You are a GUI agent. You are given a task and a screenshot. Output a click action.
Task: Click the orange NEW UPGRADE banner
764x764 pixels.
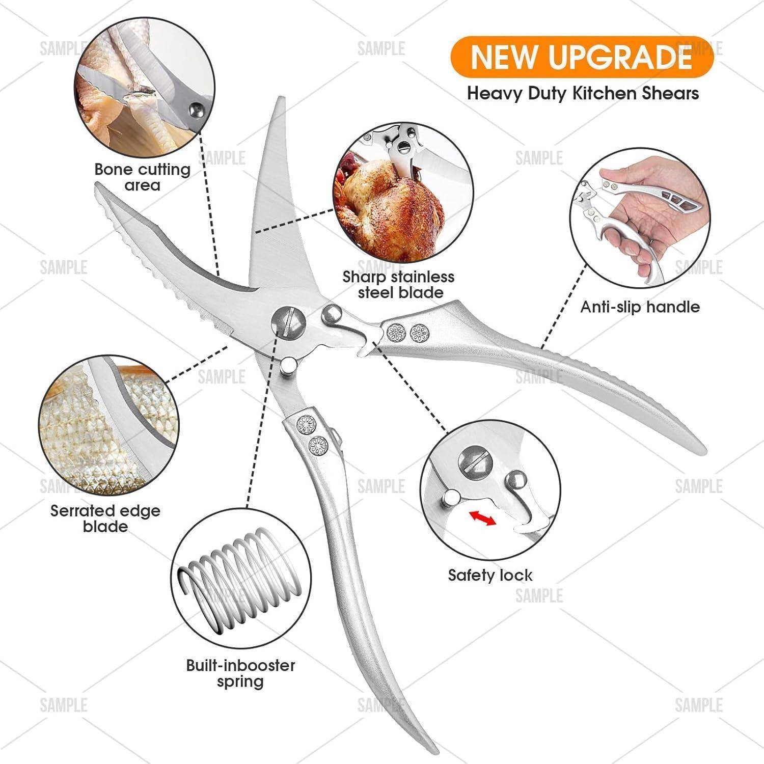coord(581,57)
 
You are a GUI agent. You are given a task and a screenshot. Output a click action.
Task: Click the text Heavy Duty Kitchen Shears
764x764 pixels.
coord(583,93)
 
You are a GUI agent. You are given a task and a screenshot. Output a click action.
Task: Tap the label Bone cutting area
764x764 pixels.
coord(143,177)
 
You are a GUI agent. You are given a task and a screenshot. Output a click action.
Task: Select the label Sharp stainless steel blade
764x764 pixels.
coord(398,284)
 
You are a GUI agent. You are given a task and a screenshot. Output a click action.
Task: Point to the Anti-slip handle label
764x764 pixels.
coord(640,307)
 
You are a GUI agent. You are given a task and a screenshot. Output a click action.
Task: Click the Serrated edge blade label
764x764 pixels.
coord(105,519)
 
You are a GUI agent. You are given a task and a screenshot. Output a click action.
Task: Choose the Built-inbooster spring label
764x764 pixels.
coord(240,673)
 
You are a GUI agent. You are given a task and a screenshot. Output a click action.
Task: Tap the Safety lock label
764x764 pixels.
coord(490,576)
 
